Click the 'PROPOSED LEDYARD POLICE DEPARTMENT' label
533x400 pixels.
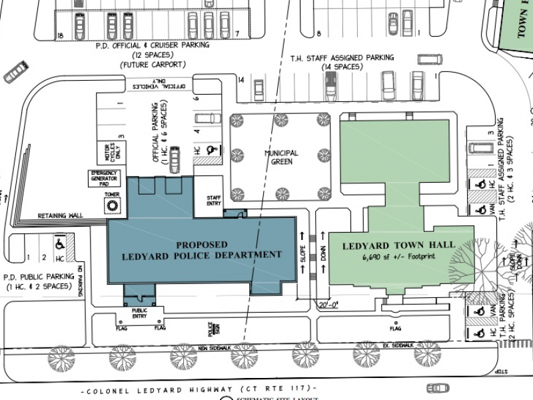tap(202, 249)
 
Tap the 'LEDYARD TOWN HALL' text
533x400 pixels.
tap(398, 245)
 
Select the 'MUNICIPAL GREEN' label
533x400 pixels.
tap(280, 157)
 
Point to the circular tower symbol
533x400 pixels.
tap(113, 207)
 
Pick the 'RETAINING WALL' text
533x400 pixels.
tap(60, 215)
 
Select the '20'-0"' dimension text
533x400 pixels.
tap(329, 305)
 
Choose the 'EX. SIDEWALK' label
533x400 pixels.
tap(398, 345)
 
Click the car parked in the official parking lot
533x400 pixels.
tap(175, 159)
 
